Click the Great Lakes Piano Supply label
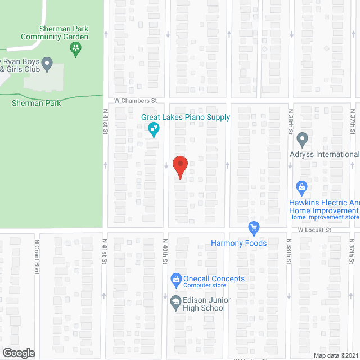186,117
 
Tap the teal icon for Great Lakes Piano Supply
153,130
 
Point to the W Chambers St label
135,100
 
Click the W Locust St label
314,229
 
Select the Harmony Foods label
238,243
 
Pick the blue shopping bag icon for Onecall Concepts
175,278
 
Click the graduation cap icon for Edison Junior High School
175,303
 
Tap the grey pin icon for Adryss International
302,138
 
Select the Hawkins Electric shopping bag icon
301,187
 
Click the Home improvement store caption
324,217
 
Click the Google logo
18,353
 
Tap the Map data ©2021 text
335,355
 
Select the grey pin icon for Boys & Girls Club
47,62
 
